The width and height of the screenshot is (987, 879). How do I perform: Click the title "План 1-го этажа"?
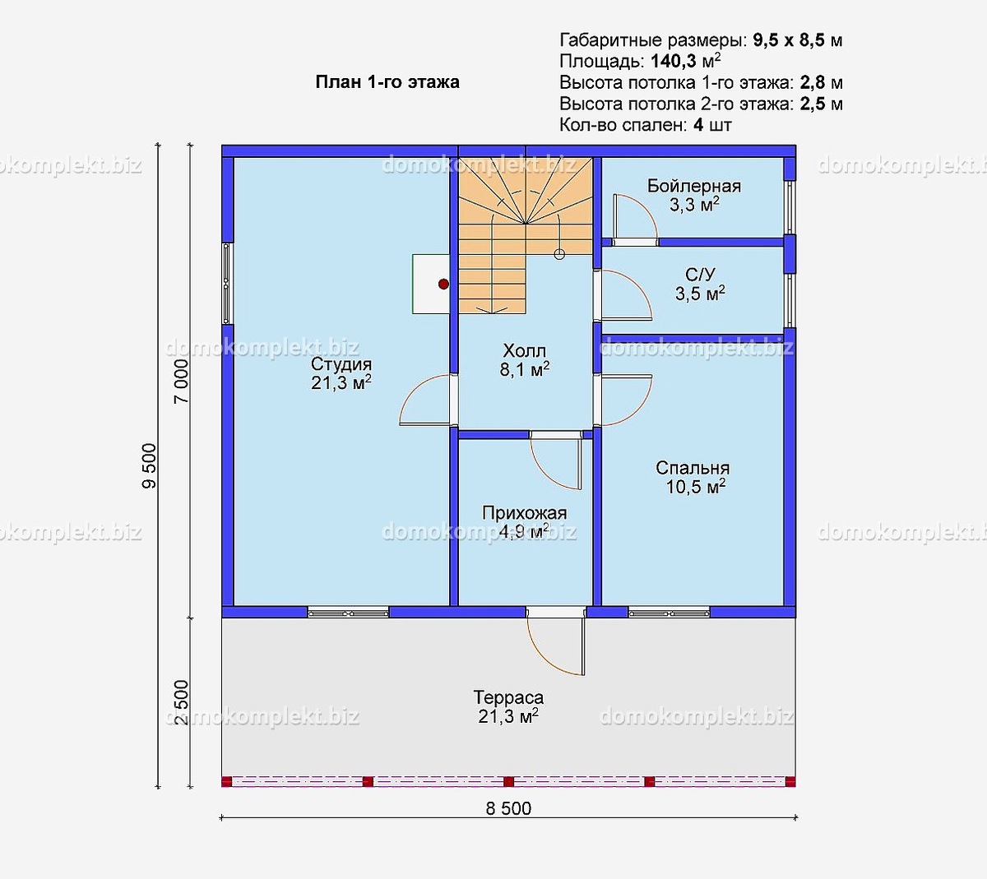pyautogui.click(x=387, y=81)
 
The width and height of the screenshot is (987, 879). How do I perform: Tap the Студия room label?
pyautogui.click(x=341, y=363)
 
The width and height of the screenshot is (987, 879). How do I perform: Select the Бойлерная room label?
pyautogui.click(x=693, y=186)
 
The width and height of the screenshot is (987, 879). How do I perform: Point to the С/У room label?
pyautogui.click(x=700, y=275)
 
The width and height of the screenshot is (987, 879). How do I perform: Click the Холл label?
pyautogui.click(x=524, y=350)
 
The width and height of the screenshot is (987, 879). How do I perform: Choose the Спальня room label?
pyautogui.click(x=693, y=468)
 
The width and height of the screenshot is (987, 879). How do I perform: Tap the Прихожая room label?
pyautogui.click(x=524, y=513)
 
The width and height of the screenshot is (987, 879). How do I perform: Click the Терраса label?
pyautogui.click(x=508, y=697)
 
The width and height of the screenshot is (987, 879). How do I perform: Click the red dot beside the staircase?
pyautogui.click(x=443, y=284)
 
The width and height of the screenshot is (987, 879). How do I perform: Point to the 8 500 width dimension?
pyautogui.click(x=508, y=808)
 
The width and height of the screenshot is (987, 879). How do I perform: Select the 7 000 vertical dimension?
pyautogui.click(x=181, y=381)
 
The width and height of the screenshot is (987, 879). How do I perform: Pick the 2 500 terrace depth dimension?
pyautogui.click(x=181, y=702)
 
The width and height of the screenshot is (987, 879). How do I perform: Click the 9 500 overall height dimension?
pyautogui.click(x=149, y=465)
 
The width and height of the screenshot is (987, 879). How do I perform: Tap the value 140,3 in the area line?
pyautogui.click(x=674, y=62)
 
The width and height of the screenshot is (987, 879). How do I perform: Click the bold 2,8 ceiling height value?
pyautogui.click(x=813, y=83)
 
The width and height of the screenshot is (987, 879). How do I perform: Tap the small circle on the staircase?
pyautogui.click(x=559, y=254)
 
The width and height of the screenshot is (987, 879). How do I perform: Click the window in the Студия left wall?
pyautogui.click(x=226, y=284)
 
